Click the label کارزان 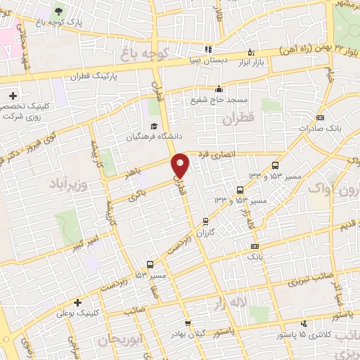pos(205,231)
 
